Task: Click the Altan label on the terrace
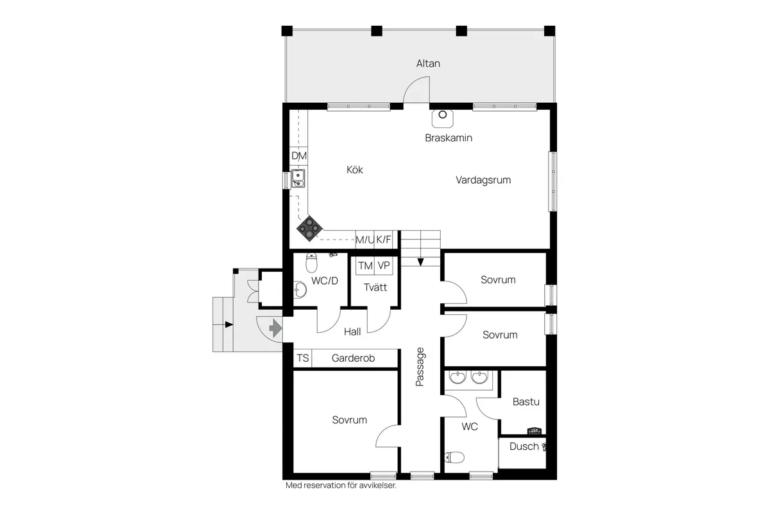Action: pyautogui.click(x=428, y=64)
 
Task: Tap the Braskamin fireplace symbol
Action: pyautogui.click(x=443, y=116)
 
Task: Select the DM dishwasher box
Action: pyautogui.click(x=299, y=156)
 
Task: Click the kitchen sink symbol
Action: pyautogui.click(x=298, y=178)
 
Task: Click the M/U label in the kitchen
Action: pyautogui.click(x=365, y=240)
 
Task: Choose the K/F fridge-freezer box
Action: pyautogui.click(x=384, y=240)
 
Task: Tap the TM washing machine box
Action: pyautogui.click(x=365, y=266)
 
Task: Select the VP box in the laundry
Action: pyautogui.click(x=384, y=266)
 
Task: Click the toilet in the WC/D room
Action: pyautogui.click(x=312, y=263)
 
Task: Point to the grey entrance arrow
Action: pyautogui.click(x=275, y=329)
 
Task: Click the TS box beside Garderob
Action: pyautogui.click(x=302, y=359)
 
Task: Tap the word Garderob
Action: pyautogui.click(x=353, y=359)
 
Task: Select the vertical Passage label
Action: pyautogui.click(x=420, y=366)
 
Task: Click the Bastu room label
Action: pyautogui.click(x=526, y=402)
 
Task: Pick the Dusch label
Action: pyautogui.click(x=524, y=446)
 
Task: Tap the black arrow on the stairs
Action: pyautogui.click(x=420, y=261)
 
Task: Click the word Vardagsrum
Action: pyautogui.click(x=483, y=180)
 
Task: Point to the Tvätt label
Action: pyautogui.click(x=375, y=287)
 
